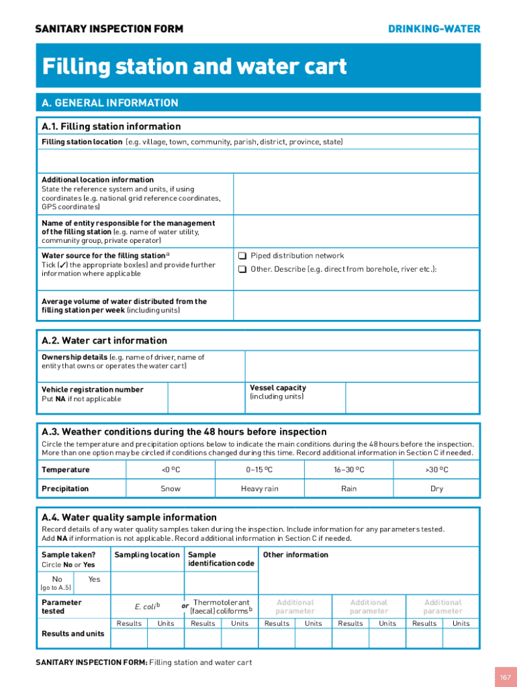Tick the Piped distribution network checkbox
[x=242, y=256]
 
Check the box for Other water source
[x=242, y=270]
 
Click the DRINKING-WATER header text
[x=434, y=29]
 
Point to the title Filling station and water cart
[x=195, y=66]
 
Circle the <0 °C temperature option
[x=171, y=470]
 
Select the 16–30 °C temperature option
[x=349, y=470]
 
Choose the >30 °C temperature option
[x=436, y=470]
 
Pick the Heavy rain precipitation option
[x=260, y=488]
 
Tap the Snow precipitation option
[x=171, y=488]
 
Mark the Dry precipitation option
[x=436, y=488]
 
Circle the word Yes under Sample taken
[x=94, y=579]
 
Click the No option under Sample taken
[x=57, y=579]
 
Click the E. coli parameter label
[x=146, y=606]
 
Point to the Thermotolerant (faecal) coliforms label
[x=221, y=606]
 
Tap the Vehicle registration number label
[x=92, y=390]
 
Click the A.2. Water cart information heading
[x=104, y=341]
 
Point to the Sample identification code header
[x=221, y=559]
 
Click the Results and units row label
[x=73, y=634]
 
